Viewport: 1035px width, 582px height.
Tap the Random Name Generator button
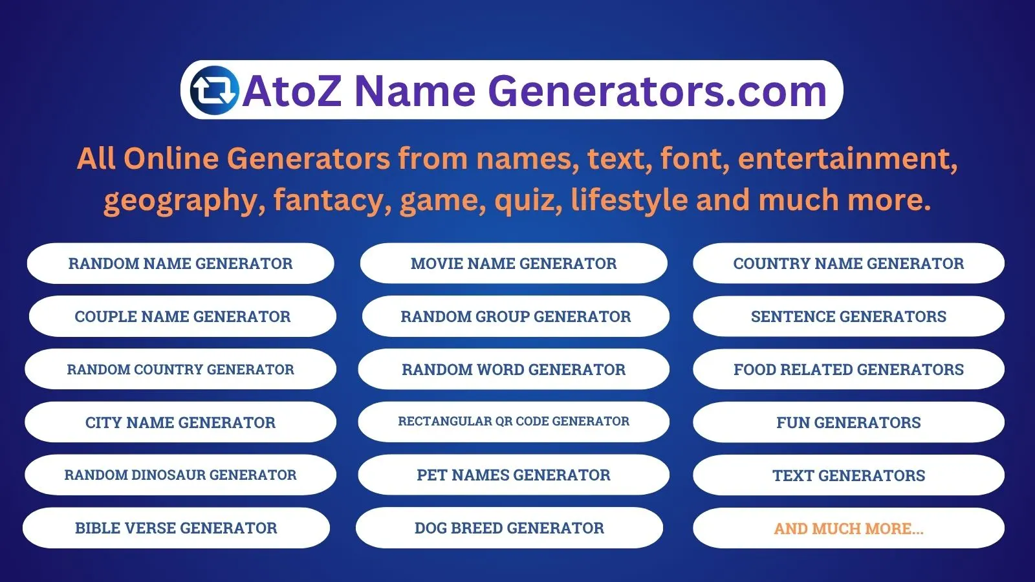180,263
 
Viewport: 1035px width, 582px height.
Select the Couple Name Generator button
182,316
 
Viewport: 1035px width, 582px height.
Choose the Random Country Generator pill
180,369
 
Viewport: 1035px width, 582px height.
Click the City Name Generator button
180,422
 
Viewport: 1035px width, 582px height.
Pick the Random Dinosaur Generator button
180,475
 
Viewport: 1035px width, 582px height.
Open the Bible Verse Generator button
176,528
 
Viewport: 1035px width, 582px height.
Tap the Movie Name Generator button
514,263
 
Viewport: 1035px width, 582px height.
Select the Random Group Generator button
516,316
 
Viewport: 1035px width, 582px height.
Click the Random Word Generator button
514,369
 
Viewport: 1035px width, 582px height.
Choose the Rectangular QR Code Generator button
514,422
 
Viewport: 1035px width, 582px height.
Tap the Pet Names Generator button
514,475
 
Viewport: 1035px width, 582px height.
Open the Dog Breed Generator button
509,528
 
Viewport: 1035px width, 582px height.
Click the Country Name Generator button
849,263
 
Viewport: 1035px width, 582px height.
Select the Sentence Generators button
849,316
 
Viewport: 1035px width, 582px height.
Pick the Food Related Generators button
849,369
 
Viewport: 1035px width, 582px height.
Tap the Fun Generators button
849,422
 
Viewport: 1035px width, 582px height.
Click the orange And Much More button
849,528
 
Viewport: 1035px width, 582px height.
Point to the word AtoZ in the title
292,91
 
